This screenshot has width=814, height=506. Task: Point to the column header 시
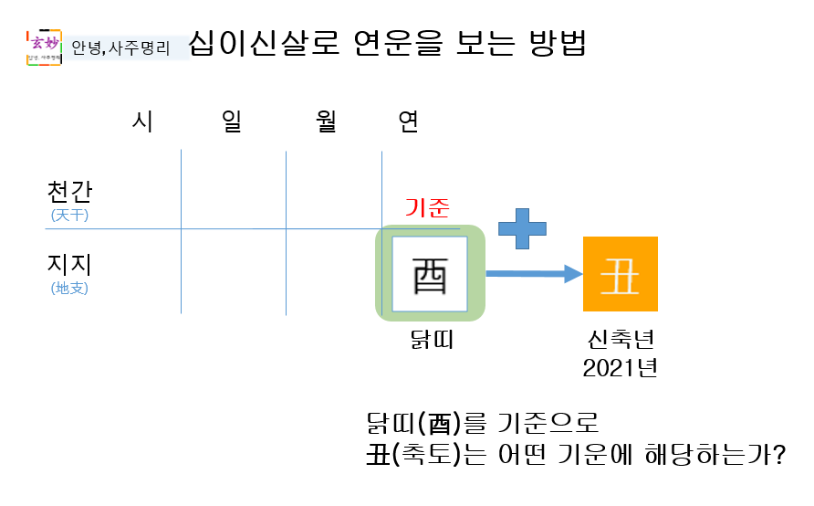(x=142, y=122)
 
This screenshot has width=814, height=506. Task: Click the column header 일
(x=231, y=122)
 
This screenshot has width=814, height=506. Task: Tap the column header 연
(x=409, y=122)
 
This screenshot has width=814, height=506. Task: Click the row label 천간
(x=70, y=192)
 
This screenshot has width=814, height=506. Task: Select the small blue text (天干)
(x=70, y=216)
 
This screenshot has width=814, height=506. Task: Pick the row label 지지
(x=70, y=265)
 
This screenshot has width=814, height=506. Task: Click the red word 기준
(x=427, y=208)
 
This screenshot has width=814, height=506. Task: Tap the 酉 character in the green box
(x=430, y=274)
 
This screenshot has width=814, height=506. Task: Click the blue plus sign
(x=522, y=227)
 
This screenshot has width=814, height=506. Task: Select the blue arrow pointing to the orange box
(x=534, y=272)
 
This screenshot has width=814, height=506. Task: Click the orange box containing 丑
(x=621, y=274)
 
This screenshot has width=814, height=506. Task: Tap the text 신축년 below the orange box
(x=621, y=340)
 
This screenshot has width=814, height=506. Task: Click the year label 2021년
(x=621, y=368)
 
